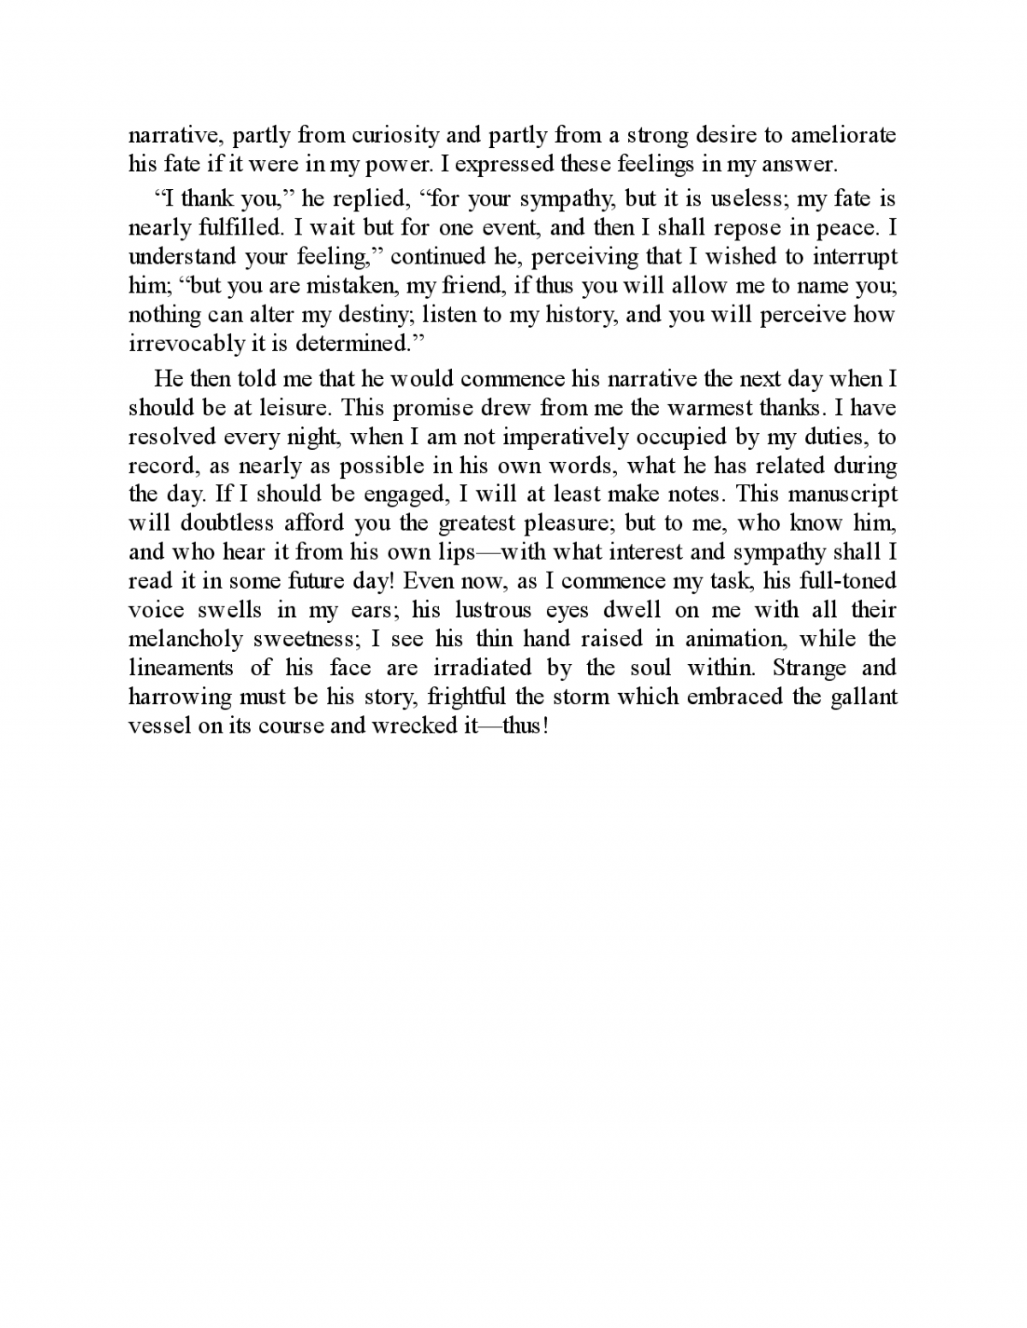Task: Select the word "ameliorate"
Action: [x=843, y=135]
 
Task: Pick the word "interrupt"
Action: [x=855, y=257]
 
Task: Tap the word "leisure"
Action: [x=292, y=408]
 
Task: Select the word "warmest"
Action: [x=702, y=408]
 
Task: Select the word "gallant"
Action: [x=864, y=697]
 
